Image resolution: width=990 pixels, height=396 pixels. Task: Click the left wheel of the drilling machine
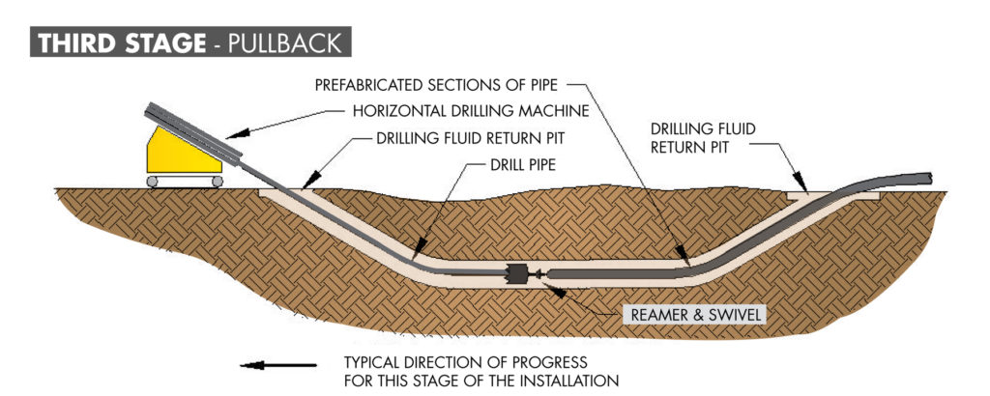(x=153, y=181)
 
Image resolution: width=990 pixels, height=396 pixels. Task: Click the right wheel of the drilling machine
(x=217, y=181)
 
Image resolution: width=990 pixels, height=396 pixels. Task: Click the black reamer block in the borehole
(x=518, y=273)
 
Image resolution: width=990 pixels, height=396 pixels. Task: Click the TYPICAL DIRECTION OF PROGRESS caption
(x=480, y=371)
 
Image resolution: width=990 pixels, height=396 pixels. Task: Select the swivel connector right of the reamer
(x=539, y=275)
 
